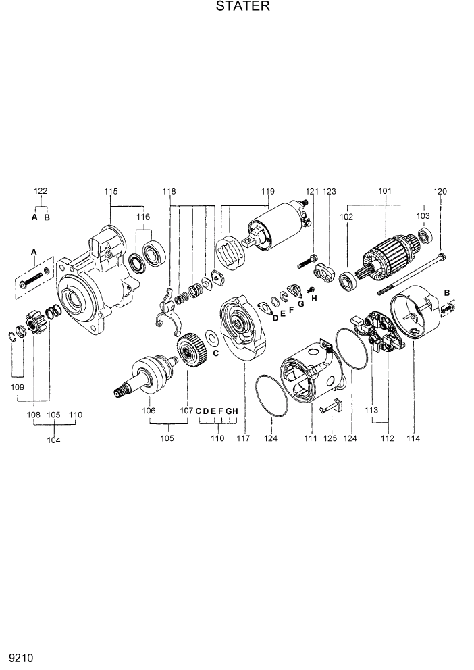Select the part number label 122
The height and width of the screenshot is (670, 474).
click(41, 192)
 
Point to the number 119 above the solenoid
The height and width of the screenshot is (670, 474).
click(268, 192)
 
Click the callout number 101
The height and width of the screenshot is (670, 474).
click(385, 192)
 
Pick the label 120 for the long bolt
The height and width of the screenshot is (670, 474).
click(440, 192)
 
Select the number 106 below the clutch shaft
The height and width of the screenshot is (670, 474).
click(149, 410)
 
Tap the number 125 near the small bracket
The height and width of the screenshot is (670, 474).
click(332, 438)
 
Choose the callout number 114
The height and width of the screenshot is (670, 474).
click(413, 438)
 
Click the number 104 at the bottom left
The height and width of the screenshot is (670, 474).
click(53, 440)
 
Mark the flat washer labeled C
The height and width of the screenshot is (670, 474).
click(211, 336)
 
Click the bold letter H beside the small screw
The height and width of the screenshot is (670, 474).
click(313, 297)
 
